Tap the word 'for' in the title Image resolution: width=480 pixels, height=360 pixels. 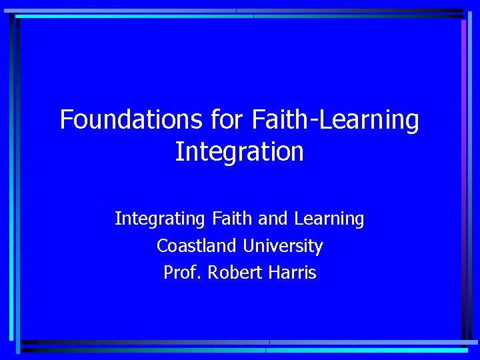(227, 120)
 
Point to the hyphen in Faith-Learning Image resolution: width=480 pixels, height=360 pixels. (313, 122)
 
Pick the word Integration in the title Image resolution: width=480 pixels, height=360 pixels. (239, 152)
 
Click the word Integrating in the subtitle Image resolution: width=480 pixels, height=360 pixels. (161, 219)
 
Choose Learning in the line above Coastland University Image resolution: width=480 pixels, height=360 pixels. (329, 219)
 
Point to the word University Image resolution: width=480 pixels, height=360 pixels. (283, 247)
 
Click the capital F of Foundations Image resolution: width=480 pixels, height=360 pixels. (65, 120)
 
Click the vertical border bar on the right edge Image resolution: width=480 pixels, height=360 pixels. (464, 180)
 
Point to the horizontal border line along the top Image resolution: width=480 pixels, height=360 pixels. (240, 12)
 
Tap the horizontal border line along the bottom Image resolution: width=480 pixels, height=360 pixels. (240, 345)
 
